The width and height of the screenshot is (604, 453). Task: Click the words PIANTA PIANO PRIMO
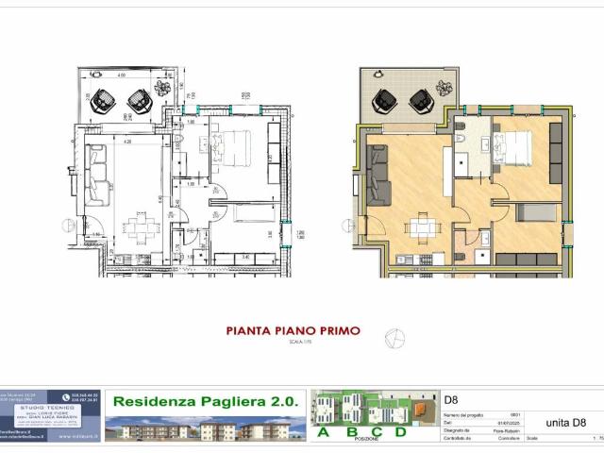[293, 331]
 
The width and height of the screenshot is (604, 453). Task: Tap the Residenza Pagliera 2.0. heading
[205, 401]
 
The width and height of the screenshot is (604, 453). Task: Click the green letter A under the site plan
[323, 433]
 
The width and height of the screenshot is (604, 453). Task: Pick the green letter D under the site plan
[400, 433]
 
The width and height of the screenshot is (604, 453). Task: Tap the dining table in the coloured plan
[420, 227]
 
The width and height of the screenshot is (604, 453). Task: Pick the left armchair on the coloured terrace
[387, 98]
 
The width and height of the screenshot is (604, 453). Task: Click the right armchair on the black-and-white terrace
[138, 98]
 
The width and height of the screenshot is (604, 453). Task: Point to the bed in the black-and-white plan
[236, 147]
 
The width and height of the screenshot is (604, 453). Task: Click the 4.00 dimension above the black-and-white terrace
[121, 75]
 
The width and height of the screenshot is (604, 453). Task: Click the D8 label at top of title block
[452, 400]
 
